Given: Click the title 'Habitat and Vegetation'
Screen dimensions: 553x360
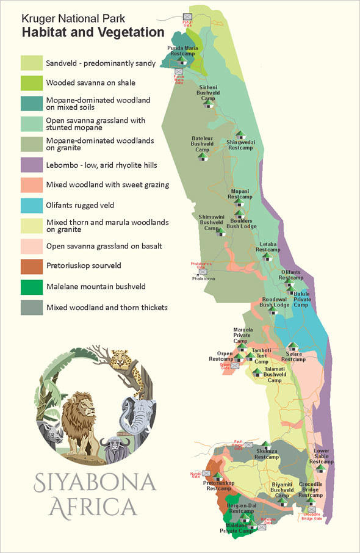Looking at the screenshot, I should (93, 32).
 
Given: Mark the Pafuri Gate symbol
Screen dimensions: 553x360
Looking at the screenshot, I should (187, 16).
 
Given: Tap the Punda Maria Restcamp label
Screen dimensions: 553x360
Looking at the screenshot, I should (181, 51).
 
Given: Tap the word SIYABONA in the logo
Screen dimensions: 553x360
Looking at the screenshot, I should (95, 482).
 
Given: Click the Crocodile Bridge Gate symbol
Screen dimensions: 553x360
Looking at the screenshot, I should (311, 508).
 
